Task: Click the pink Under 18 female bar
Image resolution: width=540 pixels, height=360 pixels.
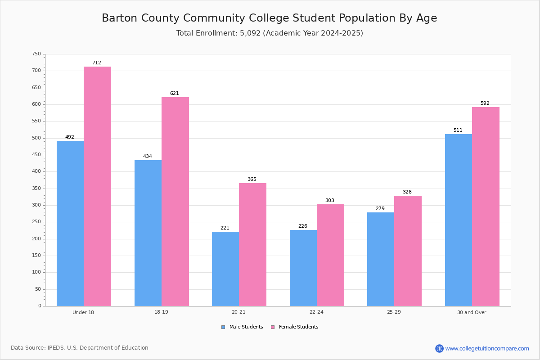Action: [97, 186]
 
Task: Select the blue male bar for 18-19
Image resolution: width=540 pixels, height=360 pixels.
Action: [148, 233]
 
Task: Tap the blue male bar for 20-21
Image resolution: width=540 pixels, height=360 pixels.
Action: [225, 269]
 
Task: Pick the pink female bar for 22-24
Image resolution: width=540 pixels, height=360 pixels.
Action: [330, 255]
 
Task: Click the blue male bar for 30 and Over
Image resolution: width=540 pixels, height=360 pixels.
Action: [459, 220]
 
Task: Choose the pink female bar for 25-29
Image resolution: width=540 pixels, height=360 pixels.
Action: [408, 251]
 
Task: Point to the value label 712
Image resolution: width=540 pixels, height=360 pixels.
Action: [97, 63]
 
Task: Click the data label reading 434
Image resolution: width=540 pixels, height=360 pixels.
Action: [148, 156]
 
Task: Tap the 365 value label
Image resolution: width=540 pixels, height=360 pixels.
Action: [252, 179]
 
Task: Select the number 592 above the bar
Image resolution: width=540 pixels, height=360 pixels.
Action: [485, 103]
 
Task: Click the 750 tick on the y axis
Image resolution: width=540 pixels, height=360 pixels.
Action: [36, 54]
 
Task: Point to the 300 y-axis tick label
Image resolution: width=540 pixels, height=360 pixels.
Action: [36, 205]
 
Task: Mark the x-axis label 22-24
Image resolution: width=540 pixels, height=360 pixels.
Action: [316, 312]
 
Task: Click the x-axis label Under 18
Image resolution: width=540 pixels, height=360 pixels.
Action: [83, 312]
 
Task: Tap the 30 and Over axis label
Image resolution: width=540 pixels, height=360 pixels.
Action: [472, 312]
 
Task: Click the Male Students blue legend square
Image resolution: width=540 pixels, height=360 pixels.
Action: [223, 327]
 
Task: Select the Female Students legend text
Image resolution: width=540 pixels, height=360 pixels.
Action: [299, 327]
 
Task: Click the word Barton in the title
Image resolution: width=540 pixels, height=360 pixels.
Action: [120, 18]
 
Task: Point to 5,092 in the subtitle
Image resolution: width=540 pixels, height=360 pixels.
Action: [250, 33]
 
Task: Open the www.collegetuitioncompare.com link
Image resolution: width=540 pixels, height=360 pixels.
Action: [487, 348]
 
